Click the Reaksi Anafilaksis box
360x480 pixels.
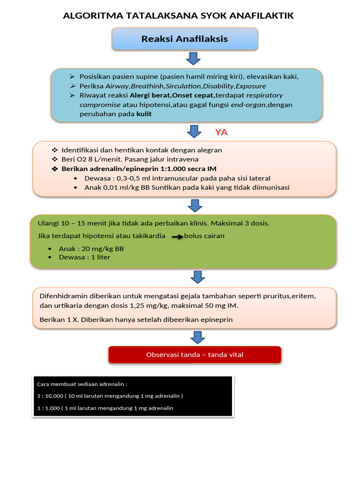(x=185, y=39)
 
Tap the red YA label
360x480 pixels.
(x=221, y=132)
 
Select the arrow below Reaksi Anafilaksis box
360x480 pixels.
(x=194, y=59)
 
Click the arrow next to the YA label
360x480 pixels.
(x=194, y=131)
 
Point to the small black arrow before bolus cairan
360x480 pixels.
(x=177, y=237)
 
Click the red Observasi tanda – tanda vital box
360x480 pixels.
(x=195, y=355)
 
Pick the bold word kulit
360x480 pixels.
(x=144, y=114)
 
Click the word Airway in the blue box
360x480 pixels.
(x=117, y=86)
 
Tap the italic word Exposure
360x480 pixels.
(x=251, y=86)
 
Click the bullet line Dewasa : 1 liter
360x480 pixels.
(x=84, y=257)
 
